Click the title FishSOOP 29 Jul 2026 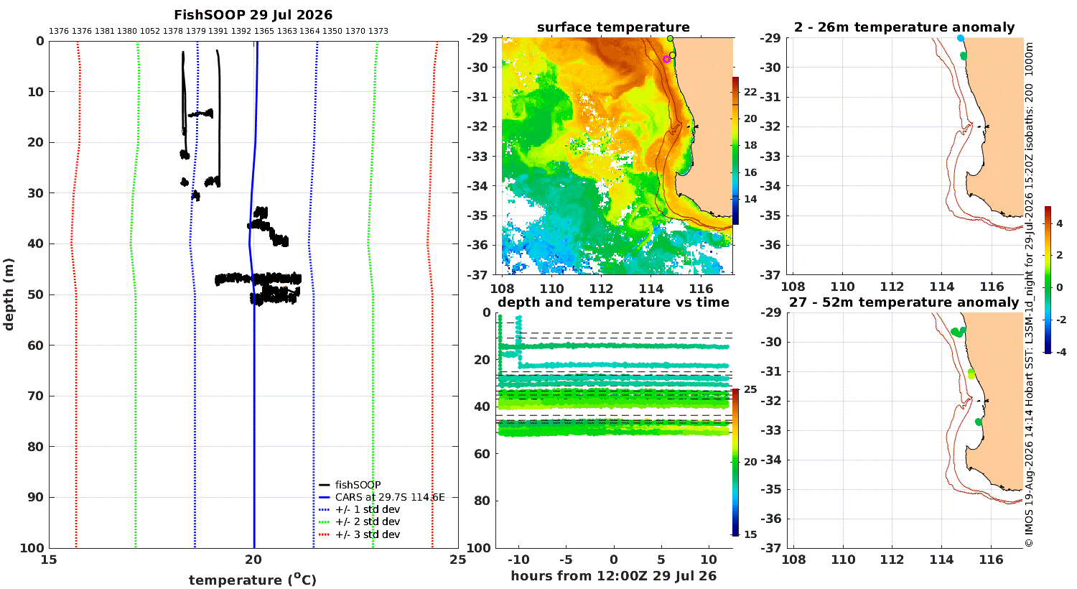[x=253, y=15]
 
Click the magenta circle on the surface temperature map [x=666, y=59]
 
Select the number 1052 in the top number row [x=150, y=31]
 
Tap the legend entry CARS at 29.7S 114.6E [x=390, y=497]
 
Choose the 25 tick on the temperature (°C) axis [x=458, y=560]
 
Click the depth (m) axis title [x=9, y=294]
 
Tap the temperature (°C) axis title [x=253, y=580]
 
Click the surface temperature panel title [x=613, y=27]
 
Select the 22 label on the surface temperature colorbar [x=750, y=92]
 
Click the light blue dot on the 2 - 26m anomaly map [x=960, y=38]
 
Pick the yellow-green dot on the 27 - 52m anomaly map [x=971, y=374]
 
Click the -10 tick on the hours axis [x=518, y=560]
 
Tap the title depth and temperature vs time [x=613, y=302]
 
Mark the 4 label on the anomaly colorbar [x=1060, y=224]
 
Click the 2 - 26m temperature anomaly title [x=905, y=27]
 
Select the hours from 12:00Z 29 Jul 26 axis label [x=613, y=575]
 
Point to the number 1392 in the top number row [x=241, y=31]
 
